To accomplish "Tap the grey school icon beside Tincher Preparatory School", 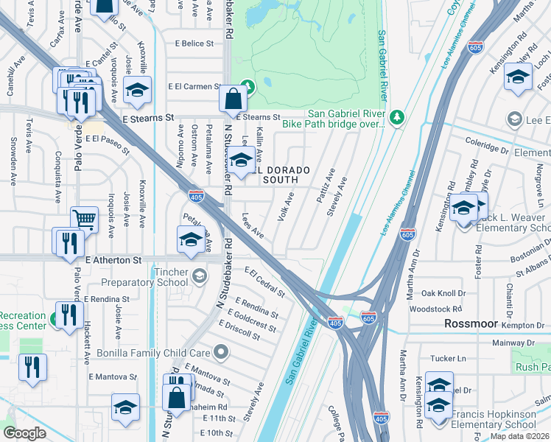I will [x=198, y=276].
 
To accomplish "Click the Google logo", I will [x=24, y=433].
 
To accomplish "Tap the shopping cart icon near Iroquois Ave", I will [x=84, y=220].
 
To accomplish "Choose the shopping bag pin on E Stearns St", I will [x=233, y=99].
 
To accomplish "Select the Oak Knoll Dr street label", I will [x=441, y=293].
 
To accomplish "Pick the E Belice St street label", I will [x=194, y=43].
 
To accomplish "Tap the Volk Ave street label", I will [x=286, y=208].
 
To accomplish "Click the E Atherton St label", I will [x=113, y=260].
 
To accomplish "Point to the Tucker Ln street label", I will [x=450, y=359].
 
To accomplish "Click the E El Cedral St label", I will [x=264, y=282].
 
